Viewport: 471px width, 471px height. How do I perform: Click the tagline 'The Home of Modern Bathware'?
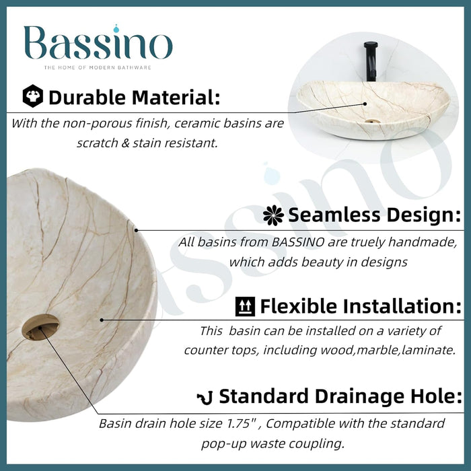click(x=98, y=68)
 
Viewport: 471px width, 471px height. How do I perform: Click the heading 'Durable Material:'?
click(x=135, y=98)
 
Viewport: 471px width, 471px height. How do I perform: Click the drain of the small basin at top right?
click(x=369, y=122)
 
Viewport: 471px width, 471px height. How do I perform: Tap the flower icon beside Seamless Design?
click(x=273, y=215)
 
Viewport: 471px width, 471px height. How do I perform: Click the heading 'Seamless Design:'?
click(x=375, y=215)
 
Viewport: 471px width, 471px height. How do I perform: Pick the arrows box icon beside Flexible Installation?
click(x=245, y=307)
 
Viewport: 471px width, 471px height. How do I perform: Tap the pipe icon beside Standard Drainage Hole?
click(x=205, y=397)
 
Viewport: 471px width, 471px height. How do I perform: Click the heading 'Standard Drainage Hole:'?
click(x=340, y=397)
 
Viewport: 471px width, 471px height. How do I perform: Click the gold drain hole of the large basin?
click(x=40, y=328)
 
